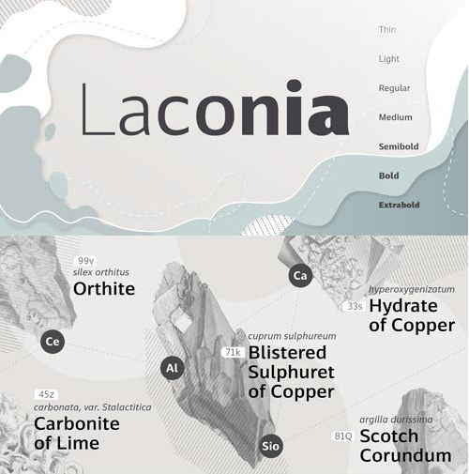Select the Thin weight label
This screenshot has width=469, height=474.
(x=386, y=30)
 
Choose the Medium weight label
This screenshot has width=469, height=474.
(x=394, y=117)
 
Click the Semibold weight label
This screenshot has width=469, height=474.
(x=397, y=146)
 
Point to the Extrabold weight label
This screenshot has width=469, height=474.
(x=399, y=205)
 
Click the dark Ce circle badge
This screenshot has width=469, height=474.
(x=53, y=342)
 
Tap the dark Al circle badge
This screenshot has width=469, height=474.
(x=172, y=369)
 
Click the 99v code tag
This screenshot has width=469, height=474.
(x=87, y=260)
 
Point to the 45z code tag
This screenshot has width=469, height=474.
(x=46, y=394)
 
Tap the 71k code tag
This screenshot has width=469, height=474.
(x=234, y=352)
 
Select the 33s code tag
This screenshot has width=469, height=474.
(x=355, y=306)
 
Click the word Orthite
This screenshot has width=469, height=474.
(x=104, y=288)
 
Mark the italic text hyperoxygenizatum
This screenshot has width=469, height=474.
(x=399, y=289)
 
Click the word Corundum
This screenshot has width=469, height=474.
(x=405, y=456)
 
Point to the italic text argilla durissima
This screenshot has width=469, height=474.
(x=400, y=420)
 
